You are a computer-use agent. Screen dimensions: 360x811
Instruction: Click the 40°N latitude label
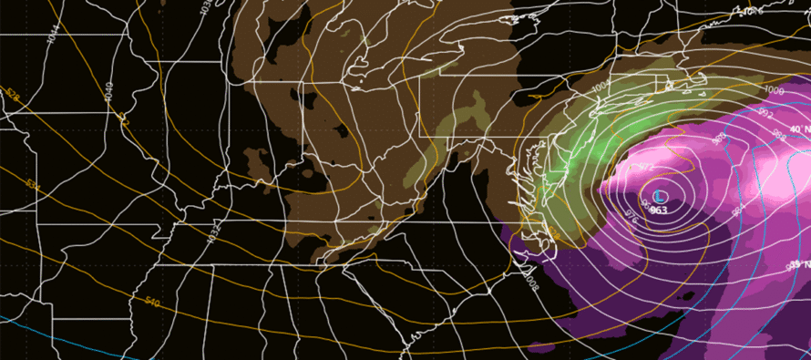(796, 129)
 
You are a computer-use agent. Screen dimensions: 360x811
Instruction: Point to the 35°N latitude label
(796, 264)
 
